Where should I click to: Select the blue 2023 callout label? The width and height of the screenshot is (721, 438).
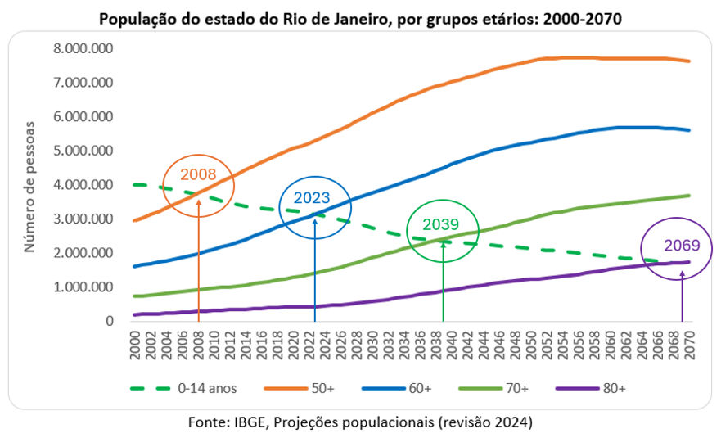[x=312, y=197]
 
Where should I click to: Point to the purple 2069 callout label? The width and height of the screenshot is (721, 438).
[x=681, y=244]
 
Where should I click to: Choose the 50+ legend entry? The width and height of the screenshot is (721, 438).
[x=324, y=388]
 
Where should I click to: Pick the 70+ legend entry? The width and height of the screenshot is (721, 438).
[x=516, y=388]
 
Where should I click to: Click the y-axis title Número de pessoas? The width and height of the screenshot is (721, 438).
[x=29, y=185]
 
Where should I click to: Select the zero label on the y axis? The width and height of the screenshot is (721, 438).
[x=109, y=322]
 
